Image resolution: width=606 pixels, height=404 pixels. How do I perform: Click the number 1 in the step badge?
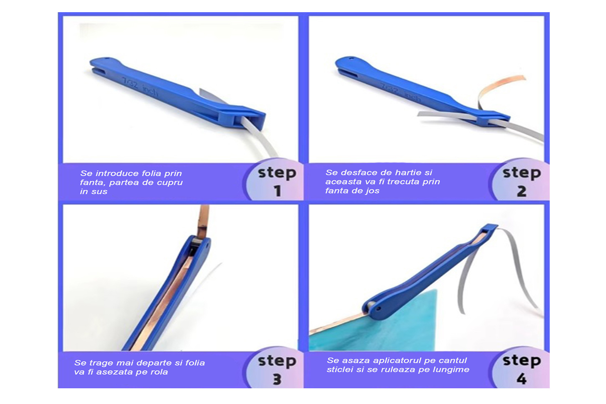tap(277, 191)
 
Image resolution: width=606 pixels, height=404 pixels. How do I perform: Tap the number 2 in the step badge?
tap(522, 191)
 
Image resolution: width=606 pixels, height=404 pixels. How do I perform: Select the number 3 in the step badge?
tap(277, 379)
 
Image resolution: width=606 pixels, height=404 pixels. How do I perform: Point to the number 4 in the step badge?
tap(522, 379)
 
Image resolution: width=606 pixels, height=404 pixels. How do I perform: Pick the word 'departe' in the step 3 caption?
tap(155, 363)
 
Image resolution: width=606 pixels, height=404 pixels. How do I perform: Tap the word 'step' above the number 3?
tap(277, 361)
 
